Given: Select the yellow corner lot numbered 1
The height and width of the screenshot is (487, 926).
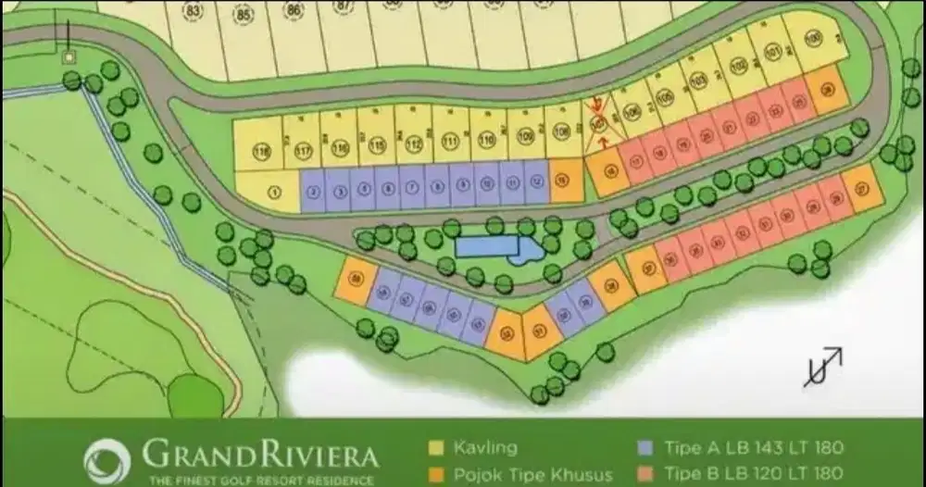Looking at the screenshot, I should point(273,192).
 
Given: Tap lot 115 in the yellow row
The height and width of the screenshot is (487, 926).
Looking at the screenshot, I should point(376,144).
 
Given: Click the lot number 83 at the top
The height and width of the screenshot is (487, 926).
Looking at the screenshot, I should point(194,12).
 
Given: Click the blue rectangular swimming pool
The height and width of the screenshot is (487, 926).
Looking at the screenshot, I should point(487,246).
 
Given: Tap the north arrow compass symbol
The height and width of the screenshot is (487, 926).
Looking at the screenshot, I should point(821,367).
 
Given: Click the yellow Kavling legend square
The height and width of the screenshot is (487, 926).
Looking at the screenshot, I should point(435,448).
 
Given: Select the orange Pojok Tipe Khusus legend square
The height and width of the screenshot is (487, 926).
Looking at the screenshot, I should point(435,475).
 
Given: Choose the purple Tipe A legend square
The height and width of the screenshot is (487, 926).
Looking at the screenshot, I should point(644,448).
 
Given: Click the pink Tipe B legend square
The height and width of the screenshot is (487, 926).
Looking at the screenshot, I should point(644,475).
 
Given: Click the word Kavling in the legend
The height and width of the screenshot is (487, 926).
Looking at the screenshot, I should point(484,448).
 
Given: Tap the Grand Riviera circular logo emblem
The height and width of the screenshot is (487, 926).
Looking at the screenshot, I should point(107,461).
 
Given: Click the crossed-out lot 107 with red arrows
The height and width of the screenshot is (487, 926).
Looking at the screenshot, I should point(600,123).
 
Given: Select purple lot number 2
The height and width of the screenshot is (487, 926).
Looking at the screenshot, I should point(314,191).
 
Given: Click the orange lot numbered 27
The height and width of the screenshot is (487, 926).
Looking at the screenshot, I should point(862,189).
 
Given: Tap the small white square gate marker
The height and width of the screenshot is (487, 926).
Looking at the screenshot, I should point(68,56).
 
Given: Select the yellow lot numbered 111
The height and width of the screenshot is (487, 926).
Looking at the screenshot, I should point(451,142).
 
